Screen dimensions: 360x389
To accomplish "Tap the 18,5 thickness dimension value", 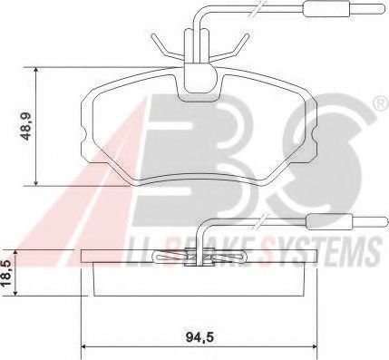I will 8,271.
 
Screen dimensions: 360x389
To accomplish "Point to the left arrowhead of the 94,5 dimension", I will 86,345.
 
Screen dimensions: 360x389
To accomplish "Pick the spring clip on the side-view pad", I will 192,258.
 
